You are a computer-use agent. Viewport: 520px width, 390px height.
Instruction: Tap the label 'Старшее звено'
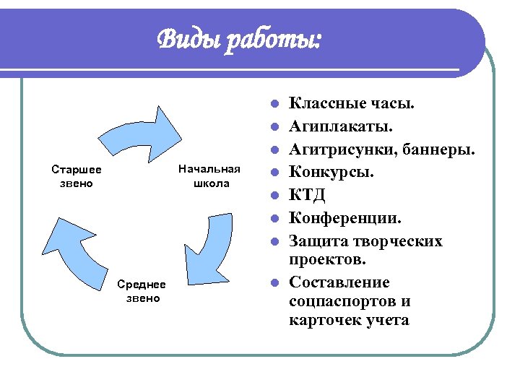coord(77,176)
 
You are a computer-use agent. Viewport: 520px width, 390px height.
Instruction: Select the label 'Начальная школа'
coord(209,176)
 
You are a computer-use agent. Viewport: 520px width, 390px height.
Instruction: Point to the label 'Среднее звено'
coord(142,292)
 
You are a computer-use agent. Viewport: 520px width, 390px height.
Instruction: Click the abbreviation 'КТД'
coord(306,195)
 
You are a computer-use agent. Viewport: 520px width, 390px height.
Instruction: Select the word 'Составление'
coord(339,282)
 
